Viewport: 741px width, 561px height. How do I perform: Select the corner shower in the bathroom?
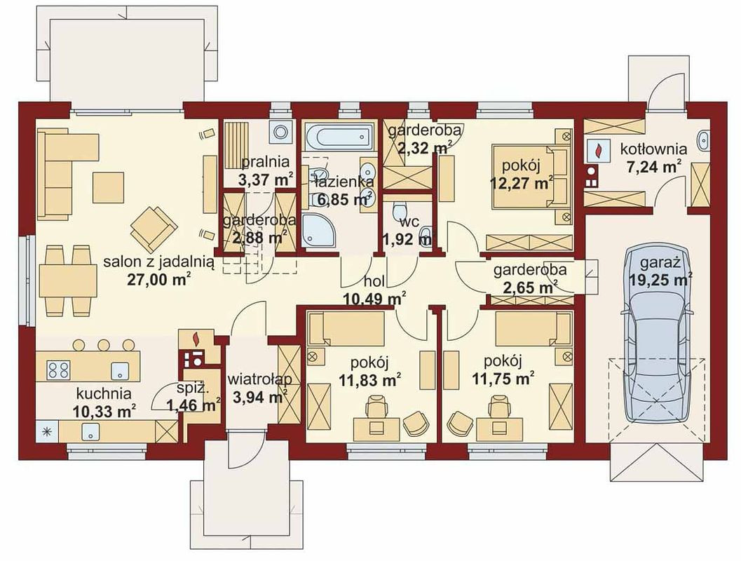click(319, 231)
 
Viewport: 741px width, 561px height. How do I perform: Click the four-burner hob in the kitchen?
click(58, 370)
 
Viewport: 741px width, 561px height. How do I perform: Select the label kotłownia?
click(653, 149)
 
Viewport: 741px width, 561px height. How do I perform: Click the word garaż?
click(660, 263)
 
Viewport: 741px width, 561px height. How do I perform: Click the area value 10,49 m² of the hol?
click(374, 299)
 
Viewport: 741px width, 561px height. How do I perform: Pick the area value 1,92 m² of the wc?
click(407, 240)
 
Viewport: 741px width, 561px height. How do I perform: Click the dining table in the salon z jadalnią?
click(68, 280)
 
